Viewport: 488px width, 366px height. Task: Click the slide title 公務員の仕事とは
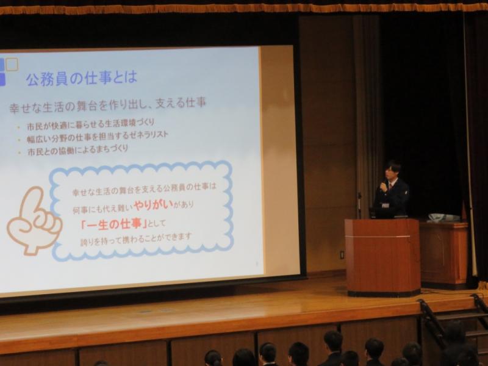pos(82,79)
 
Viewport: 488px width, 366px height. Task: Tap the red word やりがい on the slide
pos(153,206)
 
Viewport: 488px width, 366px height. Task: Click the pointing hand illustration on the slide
pos(34,220)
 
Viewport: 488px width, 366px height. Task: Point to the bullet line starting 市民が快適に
pos(90,124)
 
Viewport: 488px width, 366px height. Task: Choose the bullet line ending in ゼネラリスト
pos(98,137)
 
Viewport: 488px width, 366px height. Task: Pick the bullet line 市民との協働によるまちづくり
pos(77,150)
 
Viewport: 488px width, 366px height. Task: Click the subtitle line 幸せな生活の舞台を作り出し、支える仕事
pos(108,105)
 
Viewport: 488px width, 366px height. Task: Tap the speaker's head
pos(393,171)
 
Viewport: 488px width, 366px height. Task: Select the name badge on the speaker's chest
pos(386,206)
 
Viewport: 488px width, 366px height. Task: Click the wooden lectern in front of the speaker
pos(382,257)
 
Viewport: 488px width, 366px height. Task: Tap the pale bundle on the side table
pos(444,218)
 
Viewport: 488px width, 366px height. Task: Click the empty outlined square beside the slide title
pos(12,65)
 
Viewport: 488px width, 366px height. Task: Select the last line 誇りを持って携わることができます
pos(136,240)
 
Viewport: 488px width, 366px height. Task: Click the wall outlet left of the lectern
pos(342,254)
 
